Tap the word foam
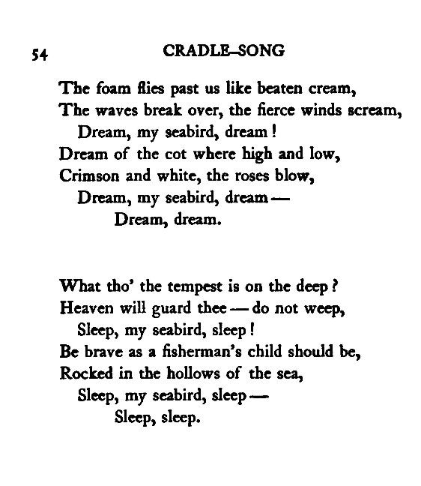pyautogui.click(x=103, y=92)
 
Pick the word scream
pyautogui.click(x=378, y=110)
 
